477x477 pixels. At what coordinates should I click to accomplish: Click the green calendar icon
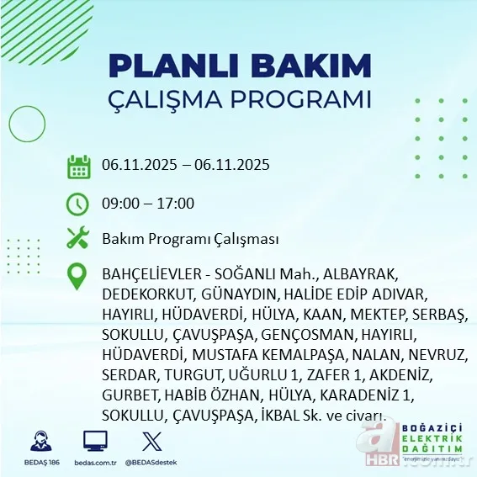78,166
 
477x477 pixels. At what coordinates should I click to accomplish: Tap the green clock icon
78,204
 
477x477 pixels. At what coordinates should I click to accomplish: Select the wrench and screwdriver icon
78,238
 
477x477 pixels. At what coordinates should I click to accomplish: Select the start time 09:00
120,204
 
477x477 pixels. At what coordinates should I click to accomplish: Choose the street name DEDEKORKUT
148,295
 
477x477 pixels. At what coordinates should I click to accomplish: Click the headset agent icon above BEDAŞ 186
40,440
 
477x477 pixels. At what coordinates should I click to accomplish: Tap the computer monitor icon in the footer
94,440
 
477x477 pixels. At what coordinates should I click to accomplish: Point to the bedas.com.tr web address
94,463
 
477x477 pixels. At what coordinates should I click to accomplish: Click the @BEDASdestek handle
151,463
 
